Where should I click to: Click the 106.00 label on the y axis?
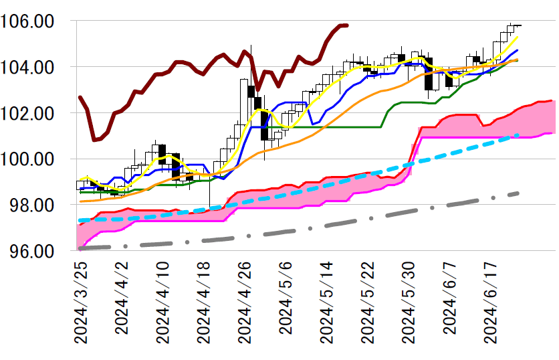pos(33,21)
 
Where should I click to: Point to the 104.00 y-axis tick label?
pos(33,68)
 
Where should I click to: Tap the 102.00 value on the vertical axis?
pos(33,114)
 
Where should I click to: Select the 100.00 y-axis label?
pos(33,160)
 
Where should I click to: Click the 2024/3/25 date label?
pos(81,302)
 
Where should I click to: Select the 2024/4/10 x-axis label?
pos(162,302)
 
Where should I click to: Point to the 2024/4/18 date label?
pos(204,302)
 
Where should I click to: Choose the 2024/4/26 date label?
pos(245,302)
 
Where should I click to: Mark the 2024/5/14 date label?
pos(328,302)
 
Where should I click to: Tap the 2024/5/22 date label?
pos(369,302)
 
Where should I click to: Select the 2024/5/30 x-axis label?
pos(410,302)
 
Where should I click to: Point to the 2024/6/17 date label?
pos(492,302)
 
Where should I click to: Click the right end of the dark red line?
pos(346,25)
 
